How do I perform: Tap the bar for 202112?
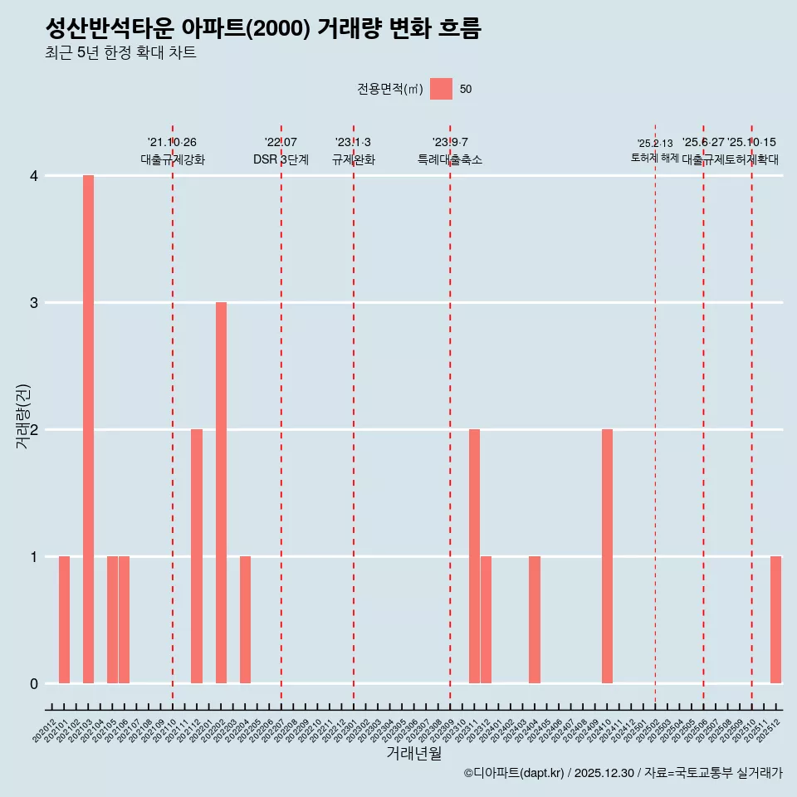(x=197, y=556)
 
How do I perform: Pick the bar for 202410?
(x=607, y=556)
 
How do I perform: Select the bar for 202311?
(x=474, y=556)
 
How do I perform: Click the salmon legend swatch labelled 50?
(x=441, y=90)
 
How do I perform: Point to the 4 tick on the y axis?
(x=34, y=176)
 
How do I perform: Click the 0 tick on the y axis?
(x=34, y=684)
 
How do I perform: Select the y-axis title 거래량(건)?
(x=23, y=417)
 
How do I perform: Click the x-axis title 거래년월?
(x=413, y=753)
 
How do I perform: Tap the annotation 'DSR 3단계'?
(x=281, y=159)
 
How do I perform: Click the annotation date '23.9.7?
(x=450, y=143)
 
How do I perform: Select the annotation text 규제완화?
(x=354, y=159)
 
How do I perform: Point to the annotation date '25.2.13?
(x=655, y=144)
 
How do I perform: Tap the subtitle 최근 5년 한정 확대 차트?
(x=120, y=53)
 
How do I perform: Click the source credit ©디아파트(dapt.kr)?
(x=515, y=773)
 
